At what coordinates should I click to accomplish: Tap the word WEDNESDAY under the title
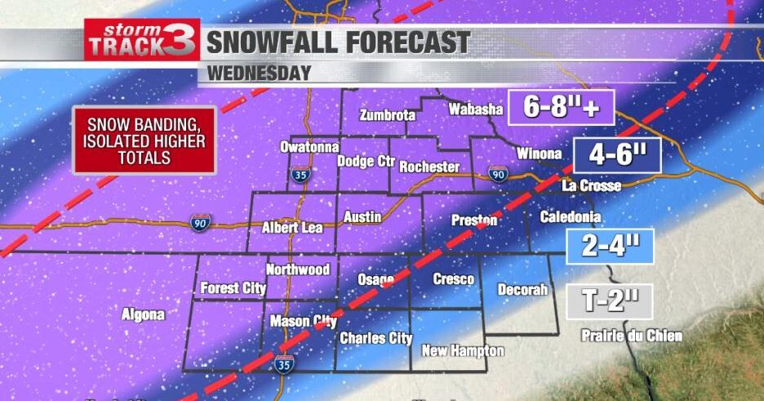click(x=259, y=73)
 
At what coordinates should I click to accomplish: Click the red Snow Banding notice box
click(x=144, y=140)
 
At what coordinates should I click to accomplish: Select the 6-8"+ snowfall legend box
click(x=560, y=108)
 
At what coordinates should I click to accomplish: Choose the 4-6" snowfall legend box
click(x=615, y=153)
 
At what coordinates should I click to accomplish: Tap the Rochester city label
click(x=429, y=167)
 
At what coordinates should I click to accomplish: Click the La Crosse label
click(x=592, y=186)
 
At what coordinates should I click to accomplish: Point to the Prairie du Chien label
click(x=632, y=336)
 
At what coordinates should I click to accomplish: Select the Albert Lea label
click(x=291, y=228)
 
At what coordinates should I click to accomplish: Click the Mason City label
click(x=303, y=321)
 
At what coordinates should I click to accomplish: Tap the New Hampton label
click(x=463, y=351)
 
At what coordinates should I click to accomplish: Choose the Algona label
click(x=143, y=314)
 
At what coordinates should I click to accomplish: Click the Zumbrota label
click(x=387, y=115)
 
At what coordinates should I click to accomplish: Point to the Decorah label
click(x=522, y=289)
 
